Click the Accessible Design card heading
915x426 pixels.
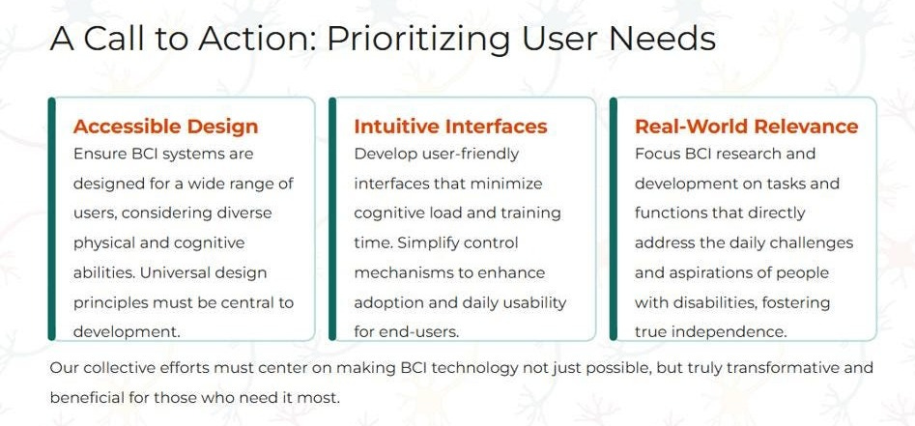coord(166,127)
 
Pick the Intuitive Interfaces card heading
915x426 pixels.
coord(450,127)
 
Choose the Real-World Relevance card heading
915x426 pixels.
coord(746,127)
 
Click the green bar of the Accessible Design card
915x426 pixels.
coord(52,218)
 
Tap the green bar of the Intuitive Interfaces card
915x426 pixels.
coord(332,218)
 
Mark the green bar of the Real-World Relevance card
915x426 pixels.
coord(614,218)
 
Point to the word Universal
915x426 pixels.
coord(199,272)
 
